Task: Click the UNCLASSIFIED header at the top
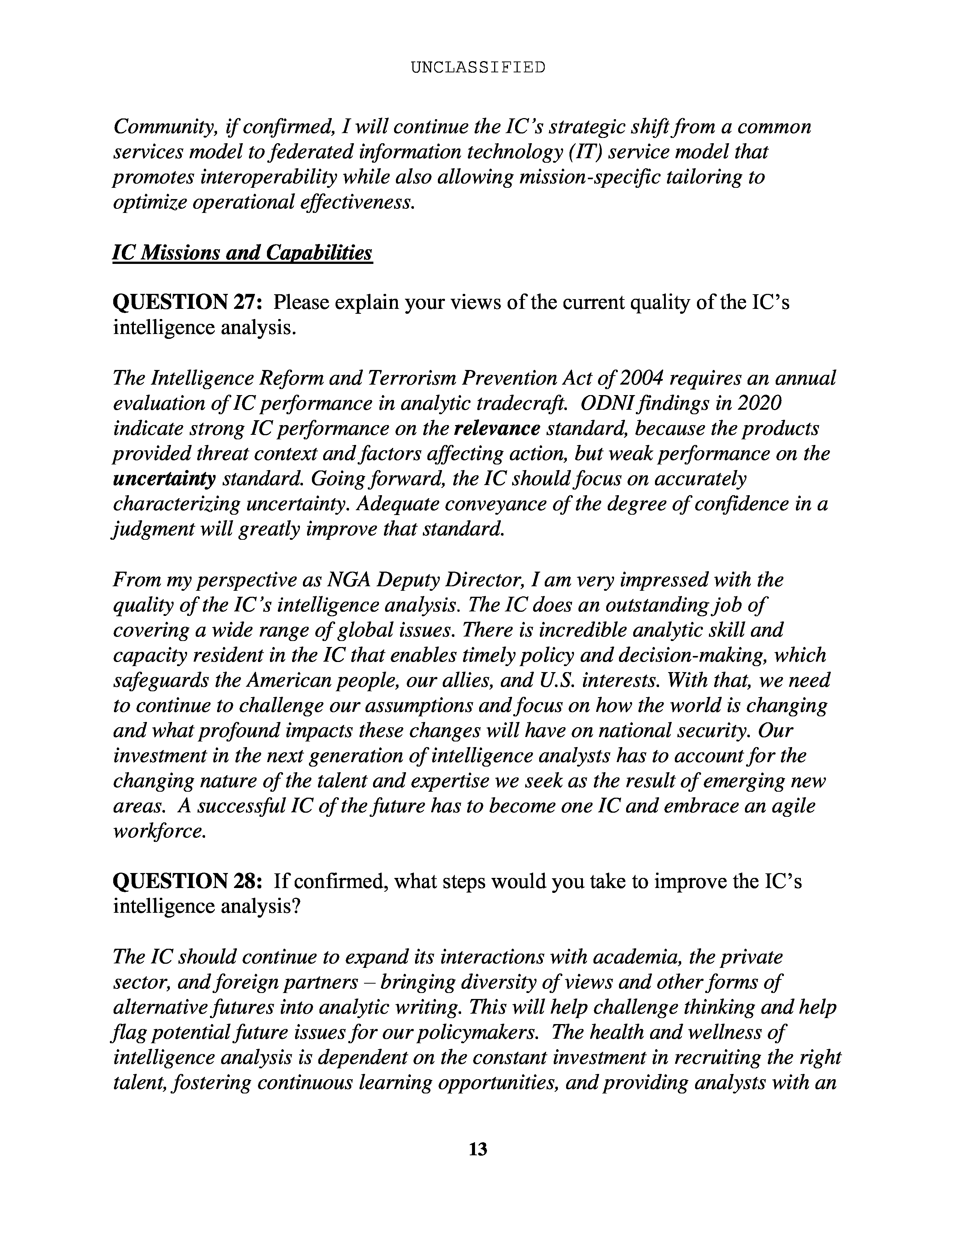(x=477, y=67)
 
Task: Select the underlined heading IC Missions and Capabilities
(x=243, y=253)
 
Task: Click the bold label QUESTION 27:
(x=187, y=303)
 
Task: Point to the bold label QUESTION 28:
(x=187, y=881)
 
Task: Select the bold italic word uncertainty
(x=164, y=479)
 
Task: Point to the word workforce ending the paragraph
(x=157, y=831)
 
